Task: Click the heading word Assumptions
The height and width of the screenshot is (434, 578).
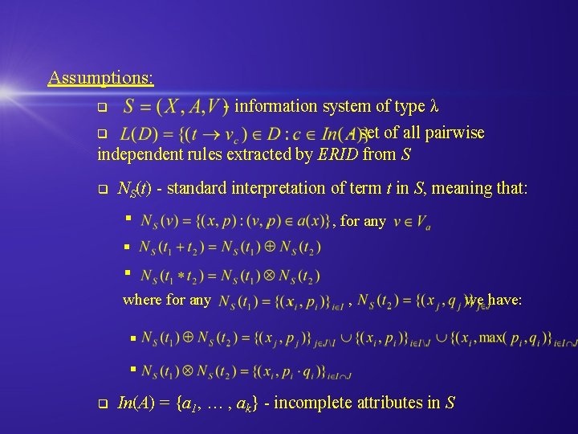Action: pos(100,78)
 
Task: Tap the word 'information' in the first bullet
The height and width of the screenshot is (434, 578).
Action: pos(277,106)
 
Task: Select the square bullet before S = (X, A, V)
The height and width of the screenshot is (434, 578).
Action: pos(101,107)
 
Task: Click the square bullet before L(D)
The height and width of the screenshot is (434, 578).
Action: pos(101,133)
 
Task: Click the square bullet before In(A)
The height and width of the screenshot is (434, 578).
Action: pos(101,403)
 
